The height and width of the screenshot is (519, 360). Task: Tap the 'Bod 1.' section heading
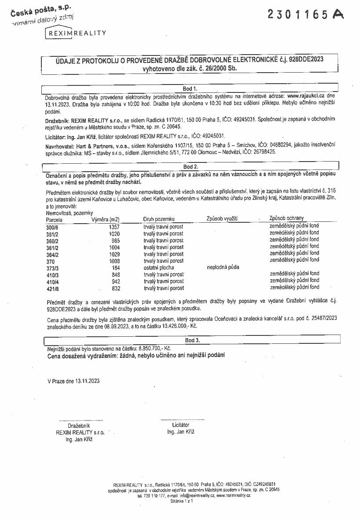[190, 88]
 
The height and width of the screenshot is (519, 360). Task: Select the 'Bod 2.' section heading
[190, 166]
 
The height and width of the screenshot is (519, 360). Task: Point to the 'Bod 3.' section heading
[192, 340]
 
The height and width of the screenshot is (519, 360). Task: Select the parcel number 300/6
[52, 226]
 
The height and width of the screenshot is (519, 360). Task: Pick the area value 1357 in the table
[114, 226]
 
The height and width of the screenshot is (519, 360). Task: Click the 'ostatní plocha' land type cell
[159, 267]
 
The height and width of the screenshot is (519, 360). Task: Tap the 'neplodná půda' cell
[224, 267]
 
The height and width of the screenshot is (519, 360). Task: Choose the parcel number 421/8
[52, 288]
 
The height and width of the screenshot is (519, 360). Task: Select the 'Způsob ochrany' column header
[287, 218]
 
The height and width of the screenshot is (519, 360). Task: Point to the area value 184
[116, 267]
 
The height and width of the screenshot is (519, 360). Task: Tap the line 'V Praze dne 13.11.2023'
[73, 381]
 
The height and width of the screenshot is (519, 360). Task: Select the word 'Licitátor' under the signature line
[181, 425]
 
